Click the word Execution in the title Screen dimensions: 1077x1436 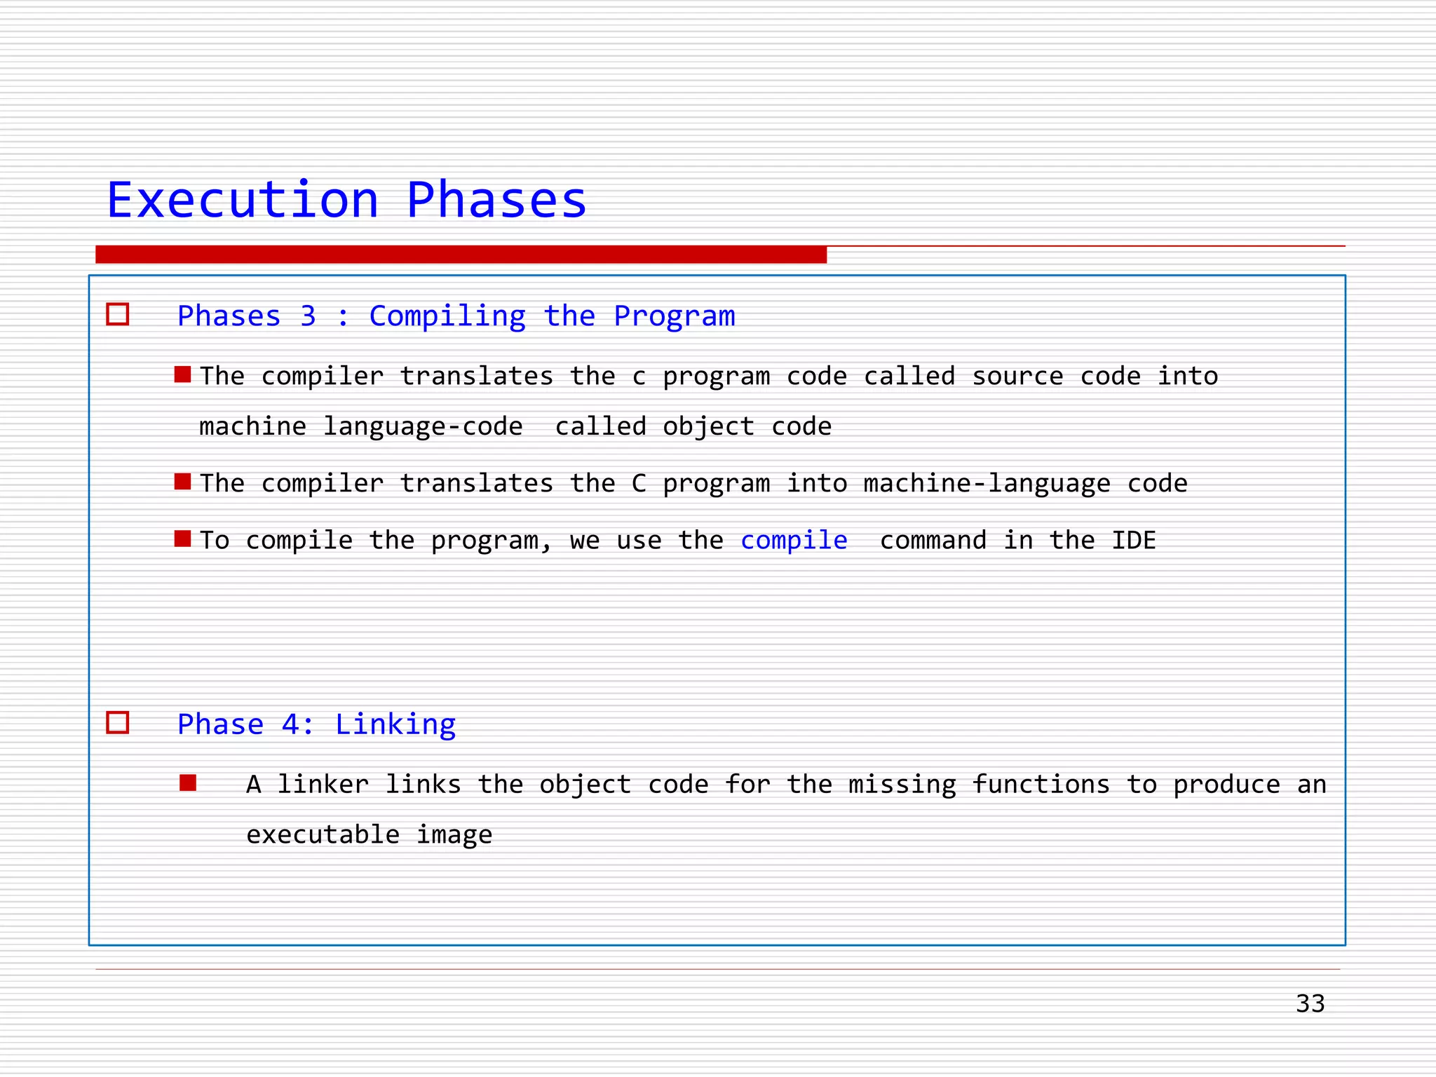pos(243,201)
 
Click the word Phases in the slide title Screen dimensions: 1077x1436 pos(496,201)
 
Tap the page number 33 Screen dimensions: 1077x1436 pos(1310,1003)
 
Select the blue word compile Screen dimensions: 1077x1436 pos(794,540)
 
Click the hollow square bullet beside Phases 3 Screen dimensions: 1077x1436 pos(118,314)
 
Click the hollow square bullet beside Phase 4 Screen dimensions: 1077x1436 pos(118,722)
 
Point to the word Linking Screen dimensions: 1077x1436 pos(395,724)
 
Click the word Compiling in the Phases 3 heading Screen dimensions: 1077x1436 pos(447,316)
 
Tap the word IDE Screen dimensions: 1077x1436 pos(1134,540)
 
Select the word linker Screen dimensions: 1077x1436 pos(323,784)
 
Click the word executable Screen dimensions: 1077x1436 pos(323,834)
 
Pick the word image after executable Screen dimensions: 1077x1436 pos(454,834)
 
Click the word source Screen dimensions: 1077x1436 pos(1017,377)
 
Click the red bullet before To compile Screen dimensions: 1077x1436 pos(183,538)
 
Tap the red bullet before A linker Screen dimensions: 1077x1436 pos(188,783)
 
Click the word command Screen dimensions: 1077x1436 pos(933,540)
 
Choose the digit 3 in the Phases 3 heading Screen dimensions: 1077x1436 pos(308,316)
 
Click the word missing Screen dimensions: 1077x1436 pos(902,784)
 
